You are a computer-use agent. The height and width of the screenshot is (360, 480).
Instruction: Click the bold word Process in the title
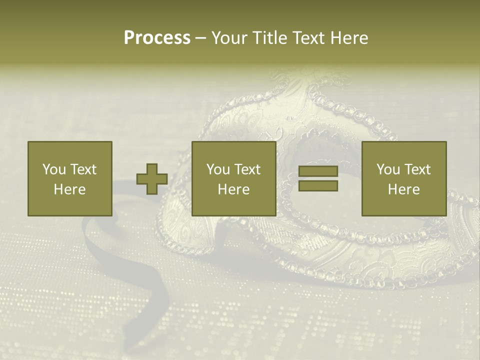point(157,38)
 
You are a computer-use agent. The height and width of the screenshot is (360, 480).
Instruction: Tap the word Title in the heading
point(268,38)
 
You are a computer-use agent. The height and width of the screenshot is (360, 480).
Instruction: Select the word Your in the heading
point(229,38)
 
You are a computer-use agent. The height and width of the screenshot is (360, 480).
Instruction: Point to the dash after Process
point(201,38)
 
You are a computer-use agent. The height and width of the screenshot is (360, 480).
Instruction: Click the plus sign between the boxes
point(152,178)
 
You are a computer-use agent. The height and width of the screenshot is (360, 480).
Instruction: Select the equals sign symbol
point(318,178)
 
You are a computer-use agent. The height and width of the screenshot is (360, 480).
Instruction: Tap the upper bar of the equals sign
point(318,171)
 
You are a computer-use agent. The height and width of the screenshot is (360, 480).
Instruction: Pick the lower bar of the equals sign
point(318,185)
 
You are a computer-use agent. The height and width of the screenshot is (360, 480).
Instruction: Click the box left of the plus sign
point(69,150)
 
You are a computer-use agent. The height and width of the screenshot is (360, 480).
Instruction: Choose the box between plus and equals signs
point(233,150)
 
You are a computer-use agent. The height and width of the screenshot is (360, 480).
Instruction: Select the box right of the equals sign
point(403,150)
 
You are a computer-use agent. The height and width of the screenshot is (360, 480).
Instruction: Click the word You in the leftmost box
point(54,169)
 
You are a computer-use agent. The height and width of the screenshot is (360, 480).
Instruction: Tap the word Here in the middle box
point(233,189)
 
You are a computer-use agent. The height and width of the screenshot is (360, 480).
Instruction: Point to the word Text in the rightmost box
point(417,169)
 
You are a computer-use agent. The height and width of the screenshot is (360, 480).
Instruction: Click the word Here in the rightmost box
point(403,189)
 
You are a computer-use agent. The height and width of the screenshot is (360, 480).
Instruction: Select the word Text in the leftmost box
point(83,169)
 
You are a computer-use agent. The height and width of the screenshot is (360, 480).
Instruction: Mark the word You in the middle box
point(218,169)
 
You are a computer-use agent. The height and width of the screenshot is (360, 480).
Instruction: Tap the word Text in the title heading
point(309,38)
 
